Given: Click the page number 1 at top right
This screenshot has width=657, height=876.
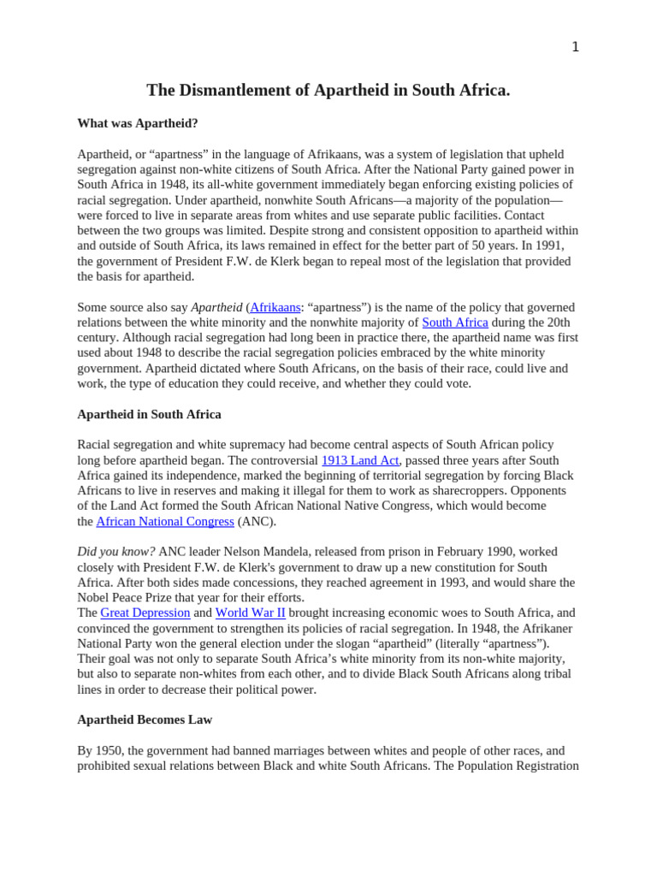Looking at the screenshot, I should (575, 47).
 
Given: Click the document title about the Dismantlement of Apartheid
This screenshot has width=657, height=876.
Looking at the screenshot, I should (328, 91).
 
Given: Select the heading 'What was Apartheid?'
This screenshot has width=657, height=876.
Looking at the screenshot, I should (138, 123).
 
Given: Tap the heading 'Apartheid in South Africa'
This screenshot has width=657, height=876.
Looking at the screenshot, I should (149, 414).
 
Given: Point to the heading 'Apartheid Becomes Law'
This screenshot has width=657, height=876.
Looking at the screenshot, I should (145, 719).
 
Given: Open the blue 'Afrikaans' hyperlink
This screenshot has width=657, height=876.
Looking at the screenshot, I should (275, 307).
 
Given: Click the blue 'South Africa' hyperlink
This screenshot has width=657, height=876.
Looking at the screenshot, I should (455, 323).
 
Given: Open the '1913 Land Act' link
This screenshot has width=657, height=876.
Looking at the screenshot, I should (360, 460).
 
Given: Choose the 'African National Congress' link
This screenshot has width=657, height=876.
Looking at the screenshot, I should (165, 522).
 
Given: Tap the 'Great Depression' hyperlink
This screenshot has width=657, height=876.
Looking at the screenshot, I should (145, 613).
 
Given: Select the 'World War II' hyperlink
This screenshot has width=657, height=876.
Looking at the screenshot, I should (250, 613).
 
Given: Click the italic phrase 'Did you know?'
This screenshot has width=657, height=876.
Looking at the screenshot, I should (116, 552).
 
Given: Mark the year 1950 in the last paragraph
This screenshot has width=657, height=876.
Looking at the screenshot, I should (109, 750).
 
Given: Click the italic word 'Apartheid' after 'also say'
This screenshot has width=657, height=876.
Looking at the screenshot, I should (216, 307).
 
